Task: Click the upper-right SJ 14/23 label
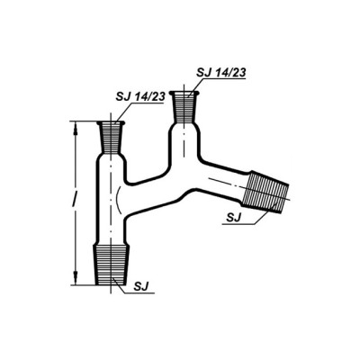tap(220, 72)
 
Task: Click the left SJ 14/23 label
tap(140, 96)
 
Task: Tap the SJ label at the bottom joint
tap(141, 286)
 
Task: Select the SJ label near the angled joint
tap(234, 218)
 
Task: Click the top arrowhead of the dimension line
tap(75, 128)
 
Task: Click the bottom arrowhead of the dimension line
tap(75, 278)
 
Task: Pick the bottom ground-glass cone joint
tap(112, 265)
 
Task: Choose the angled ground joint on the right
tap(265, 192)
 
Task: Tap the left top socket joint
tap(112, 137)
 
